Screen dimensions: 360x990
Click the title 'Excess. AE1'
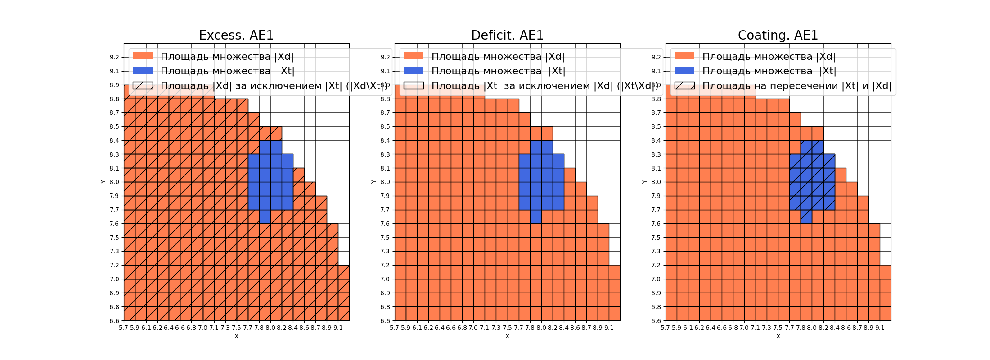pos(236,35)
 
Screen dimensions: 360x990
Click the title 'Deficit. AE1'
pos(507,35)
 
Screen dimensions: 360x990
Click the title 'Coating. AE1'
pos(778,35)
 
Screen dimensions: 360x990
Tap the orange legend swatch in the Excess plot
pos(143,56)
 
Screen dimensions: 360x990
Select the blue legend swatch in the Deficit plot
pos(414,71)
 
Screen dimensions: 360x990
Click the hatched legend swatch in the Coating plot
pos(684,85)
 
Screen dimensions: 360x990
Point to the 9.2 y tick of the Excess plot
pos(114,57)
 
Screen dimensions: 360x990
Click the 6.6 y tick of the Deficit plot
pos(385,321)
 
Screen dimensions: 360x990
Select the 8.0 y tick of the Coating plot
pos(656,182)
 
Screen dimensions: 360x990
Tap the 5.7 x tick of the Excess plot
pos(124,328)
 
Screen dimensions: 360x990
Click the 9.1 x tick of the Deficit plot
pos(609,328)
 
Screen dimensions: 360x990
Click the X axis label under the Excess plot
pos(236,336)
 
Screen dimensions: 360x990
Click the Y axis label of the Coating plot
pos(644,182)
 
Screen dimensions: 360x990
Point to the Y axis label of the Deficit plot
pos(373,182)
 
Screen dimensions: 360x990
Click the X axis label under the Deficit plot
pos(507,336)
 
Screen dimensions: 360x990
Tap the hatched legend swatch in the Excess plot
pos(143,85)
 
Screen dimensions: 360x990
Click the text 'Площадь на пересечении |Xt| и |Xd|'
pos(796,85)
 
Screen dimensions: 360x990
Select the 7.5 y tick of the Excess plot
pos(114,238)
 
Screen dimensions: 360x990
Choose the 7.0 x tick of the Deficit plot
pos(473,328)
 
